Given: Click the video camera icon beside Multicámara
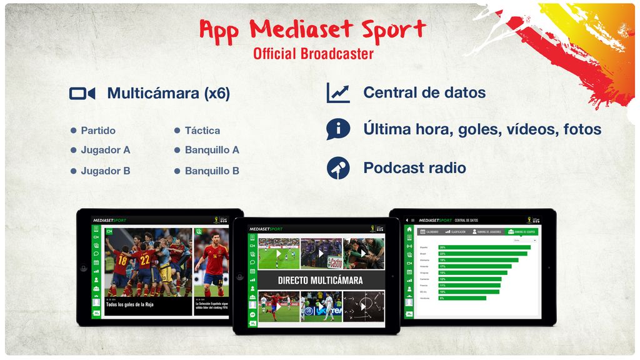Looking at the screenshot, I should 82,94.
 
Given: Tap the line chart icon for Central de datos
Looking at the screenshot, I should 338,93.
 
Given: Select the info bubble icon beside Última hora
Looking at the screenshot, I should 338,129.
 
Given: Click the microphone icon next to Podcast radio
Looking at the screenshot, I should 338,168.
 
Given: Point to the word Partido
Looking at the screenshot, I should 98,131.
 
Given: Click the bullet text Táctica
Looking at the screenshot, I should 202,131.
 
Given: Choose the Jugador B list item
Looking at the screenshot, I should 105,171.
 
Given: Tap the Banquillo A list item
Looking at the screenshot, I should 212,150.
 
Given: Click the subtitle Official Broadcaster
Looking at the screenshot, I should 313,54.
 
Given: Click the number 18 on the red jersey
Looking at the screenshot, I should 121,259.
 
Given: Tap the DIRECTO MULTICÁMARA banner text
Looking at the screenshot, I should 320,280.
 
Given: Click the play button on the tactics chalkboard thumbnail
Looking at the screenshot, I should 366,306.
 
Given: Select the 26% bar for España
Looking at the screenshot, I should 484,247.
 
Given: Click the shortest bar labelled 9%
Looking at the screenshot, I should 462,298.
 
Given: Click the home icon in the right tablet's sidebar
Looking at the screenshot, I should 409,229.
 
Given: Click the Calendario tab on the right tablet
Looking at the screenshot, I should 429,232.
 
